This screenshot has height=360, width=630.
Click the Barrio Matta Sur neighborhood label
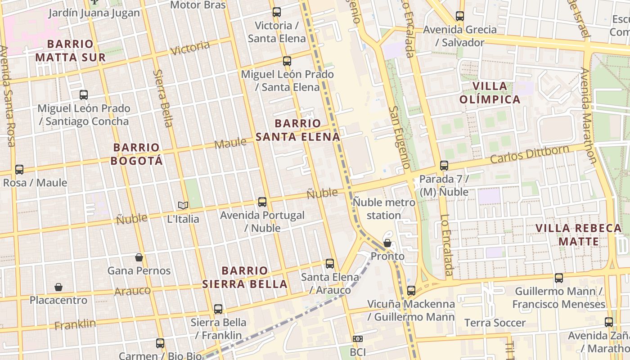[70, 51]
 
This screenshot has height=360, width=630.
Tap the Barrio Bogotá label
[136, 154]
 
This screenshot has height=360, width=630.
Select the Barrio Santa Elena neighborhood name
[298, 130]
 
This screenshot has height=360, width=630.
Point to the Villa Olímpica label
[490, 93]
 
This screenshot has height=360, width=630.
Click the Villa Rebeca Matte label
[579, 234]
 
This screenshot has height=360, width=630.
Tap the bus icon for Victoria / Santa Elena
[277, 12]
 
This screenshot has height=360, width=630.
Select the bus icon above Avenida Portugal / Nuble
[262, 202]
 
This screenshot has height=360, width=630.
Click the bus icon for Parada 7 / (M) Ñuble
[444, 166]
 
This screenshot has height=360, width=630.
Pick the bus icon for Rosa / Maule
[19, 170]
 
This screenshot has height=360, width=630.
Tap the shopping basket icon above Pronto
[387, 243]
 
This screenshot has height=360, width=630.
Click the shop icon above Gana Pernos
[139, 257]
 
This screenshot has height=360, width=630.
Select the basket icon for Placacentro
[58, 287]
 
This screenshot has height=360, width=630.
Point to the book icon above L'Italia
[183, 206]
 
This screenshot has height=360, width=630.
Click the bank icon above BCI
[358, 338]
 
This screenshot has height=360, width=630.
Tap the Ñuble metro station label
[383, 209]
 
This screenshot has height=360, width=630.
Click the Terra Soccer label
[495, 323]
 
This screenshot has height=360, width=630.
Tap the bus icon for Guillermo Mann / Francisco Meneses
[559, 278]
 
